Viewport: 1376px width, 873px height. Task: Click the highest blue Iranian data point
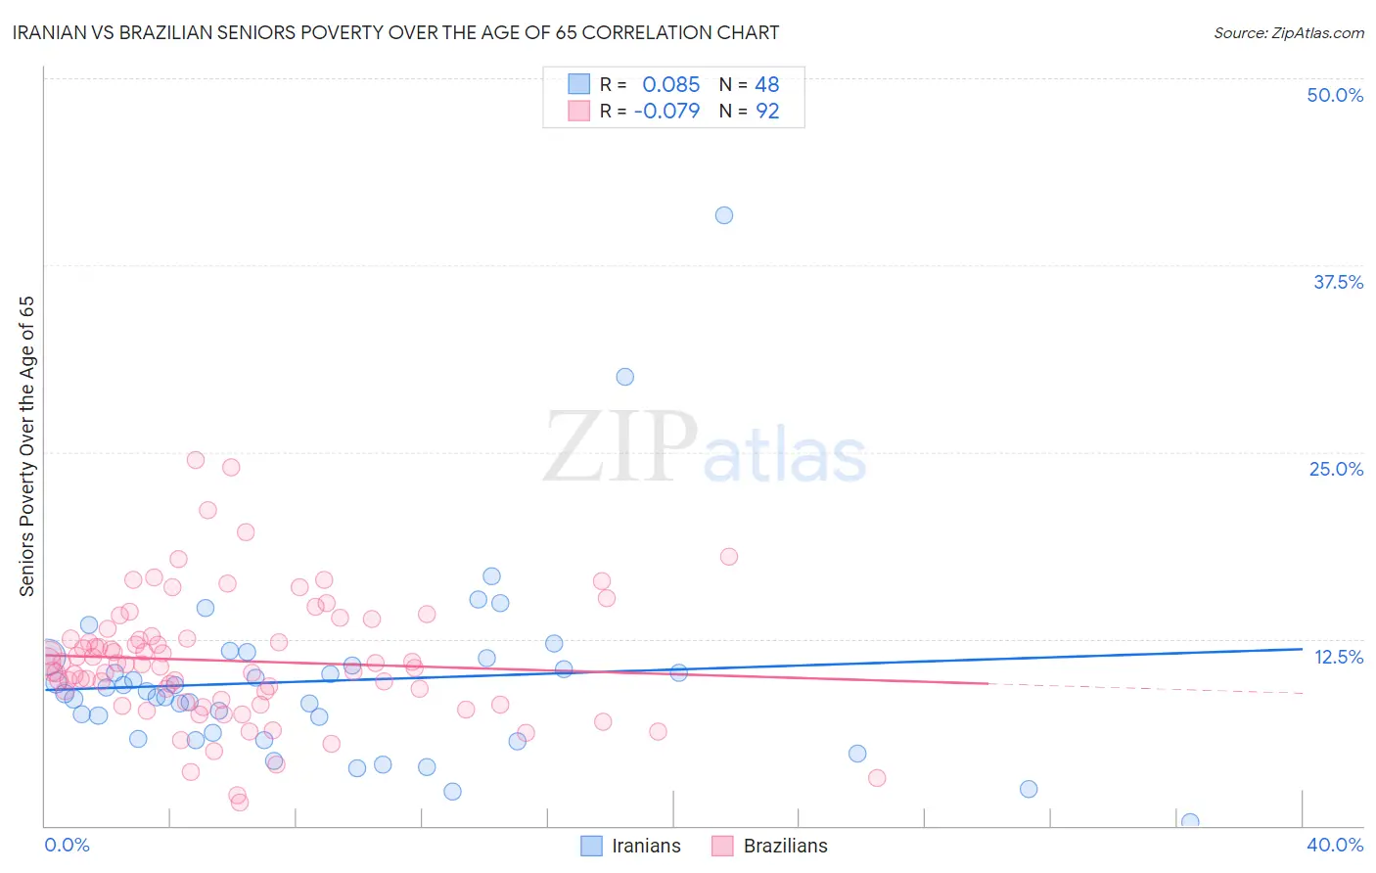click(x=724, y=215)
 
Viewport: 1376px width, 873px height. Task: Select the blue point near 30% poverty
click(x=625, y=377)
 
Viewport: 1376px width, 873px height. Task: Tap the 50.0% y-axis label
click(x=1335, y=95)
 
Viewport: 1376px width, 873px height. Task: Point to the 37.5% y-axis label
click(x=1338, y=282)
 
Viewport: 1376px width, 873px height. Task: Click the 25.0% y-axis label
click(x=1336, y=469)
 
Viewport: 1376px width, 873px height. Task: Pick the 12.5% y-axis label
click(x=1338, y=657)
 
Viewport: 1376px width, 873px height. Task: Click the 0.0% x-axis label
click(x=67, y=845)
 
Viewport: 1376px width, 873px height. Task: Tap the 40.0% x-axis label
click(x=1335, y=845)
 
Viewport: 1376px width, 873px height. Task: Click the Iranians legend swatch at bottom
click(x=591, y=846)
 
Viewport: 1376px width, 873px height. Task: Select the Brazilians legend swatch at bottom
click(x=722, y=846)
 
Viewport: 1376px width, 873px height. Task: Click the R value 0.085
click(x=670, y=85)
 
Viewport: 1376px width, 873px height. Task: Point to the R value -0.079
click(x=666, y=112)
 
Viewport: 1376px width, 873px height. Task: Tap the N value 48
click(x=767, y=85)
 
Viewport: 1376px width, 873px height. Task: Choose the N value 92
click(x=767, y=112)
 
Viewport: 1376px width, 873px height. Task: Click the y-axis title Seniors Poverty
click(x=27, y=445)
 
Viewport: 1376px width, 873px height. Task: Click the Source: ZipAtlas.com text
click(x=1288, y=33)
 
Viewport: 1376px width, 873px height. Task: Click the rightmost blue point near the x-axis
click(x=1190, y=822)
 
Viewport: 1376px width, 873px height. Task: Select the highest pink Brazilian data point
click(x=196, y=460)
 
